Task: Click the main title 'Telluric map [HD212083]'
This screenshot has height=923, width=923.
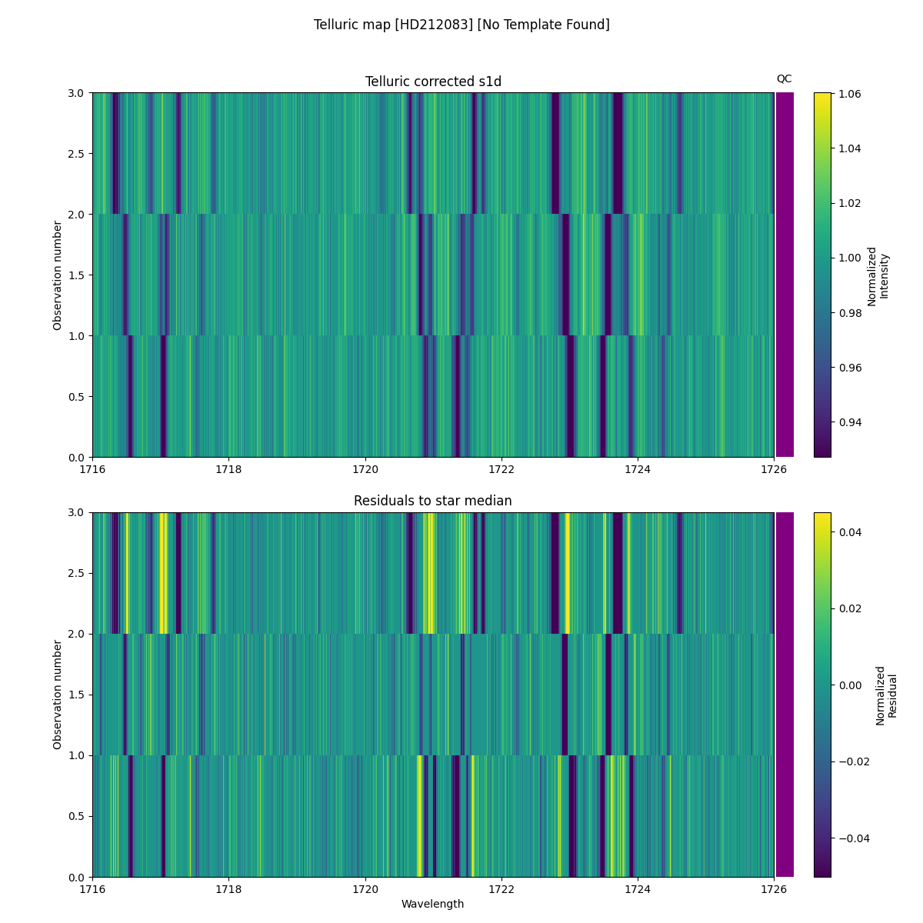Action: (x=461, y=25)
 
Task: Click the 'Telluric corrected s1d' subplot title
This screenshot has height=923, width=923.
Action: (x=433, y=82)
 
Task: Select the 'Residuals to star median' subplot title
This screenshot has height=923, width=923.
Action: (x=433, y=501)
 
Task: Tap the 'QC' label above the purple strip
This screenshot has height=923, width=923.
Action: (x=784, y=78)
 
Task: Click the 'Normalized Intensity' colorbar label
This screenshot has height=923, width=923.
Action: (x=878, y=276)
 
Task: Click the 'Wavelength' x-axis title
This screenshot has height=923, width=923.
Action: (x=433, y=904)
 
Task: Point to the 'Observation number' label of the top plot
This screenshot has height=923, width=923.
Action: (x=58, y=275)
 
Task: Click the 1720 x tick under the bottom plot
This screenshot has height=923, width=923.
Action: (x=365, y=888)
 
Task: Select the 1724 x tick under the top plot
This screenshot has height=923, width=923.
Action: (x=637, y=468)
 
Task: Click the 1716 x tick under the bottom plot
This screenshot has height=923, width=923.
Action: (x=92, y=888)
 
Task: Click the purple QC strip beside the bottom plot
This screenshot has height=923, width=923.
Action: (x=785, y=695)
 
